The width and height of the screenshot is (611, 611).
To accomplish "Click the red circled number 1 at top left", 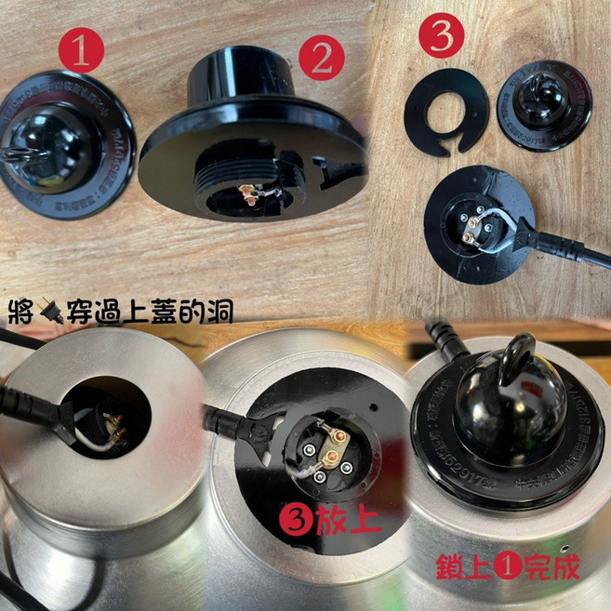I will click(x=81, y=54).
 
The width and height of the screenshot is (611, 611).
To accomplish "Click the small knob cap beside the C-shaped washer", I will click(x=544, y=104).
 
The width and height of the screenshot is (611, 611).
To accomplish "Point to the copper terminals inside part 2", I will click(x=246, y=193).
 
